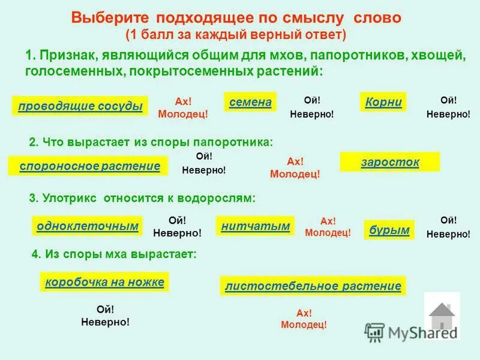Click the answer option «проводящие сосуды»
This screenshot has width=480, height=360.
[x=80, y=106]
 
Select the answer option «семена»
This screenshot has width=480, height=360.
[x=250, y=102]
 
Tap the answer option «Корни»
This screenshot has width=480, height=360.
[x=383, y=102]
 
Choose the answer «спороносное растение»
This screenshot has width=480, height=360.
[x=89, y=166]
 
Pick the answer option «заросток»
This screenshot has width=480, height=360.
[x=389, y=162]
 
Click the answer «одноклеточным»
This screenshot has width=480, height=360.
[x=87, y=226]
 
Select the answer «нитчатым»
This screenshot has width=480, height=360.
[x=255, y=226]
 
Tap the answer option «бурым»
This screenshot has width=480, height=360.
[x=389, y=229]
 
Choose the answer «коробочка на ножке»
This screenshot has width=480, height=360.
[x=104, y=281]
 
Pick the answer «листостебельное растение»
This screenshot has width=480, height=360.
[x=313, y=286]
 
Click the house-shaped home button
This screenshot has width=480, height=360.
[x=442, y=316]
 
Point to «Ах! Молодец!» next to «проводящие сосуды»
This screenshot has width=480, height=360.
[x=182, y=107]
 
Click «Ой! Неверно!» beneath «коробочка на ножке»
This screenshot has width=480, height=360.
[x=105, y=316]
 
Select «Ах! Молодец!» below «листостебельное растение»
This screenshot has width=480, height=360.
[x=304, y=319]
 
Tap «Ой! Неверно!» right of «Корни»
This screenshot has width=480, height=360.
[x=448, y=107]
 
